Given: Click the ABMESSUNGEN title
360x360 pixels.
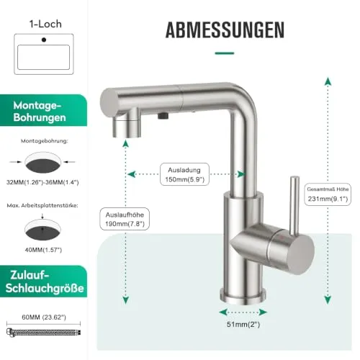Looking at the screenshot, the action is click(225, 30).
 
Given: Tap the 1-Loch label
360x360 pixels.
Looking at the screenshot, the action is click(45, 24).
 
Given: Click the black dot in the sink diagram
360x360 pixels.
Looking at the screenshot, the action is click(44, 40).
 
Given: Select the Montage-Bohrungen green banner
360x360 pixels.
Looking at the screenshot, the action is click(43, 111).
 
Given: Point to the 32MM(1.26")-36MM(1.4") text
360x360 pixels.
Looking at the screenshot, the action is click(42, 182).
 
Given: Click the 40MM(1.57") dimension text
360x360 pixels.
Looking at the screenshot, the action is click(43, 250).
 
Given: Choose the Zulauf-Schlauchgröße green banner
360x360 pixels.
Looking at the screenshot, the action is click(43, 282).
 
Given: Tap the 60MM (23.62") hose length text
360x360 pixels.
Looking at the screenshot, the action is click(44, 318).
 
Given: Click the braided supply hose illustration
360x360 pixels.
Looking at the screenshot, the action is click(43, 332).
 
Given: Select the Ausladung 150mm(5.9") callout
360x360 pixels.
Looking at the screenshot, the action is click(184, 174).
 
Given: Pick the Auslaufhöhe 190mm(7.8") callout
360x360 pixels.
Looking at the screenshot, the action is click(125, 219).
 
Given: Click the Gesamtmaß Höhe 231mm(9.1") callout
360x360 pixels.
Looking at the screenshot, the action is click(328, 194).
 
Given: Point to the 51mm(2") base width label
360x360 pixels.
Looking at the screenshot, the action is click(243, 324).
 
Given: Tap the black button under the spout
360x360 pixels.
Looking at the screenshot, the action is click(163, 116).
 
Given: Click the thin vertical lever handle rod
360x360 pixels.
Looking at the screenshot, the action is click(294, 206).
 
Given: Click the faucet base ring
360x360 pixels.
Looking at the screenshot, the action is click(243, 296).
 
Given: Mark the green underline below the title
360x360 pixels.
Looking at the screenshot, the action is click(225, 53).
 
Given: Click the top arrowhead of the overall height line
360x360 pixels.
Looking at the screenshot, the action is click(328, 81).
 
